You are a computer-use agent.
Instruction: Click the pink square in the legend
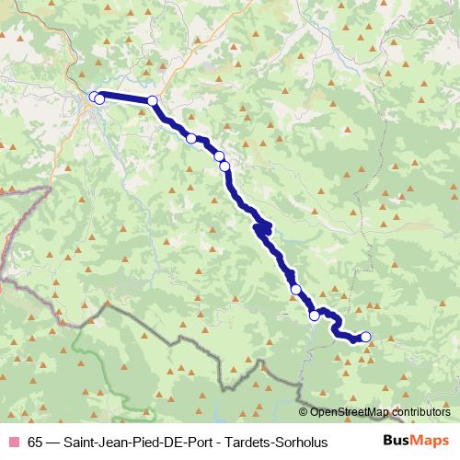click(13, 442)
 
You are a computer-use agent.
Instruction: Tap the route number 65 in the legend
click(35, 442)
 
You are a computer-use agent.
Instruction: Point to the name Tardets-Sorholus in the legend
click(278, 442)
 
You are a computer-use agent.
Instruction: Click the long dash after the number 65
click(52, 442)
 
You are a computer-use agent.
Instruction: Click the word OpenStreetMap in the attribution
click(349, 413)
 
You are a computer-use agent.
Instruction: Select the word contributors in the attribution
click(420, 413)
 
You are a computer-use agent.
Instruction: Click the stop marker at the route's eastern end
click(365, 337)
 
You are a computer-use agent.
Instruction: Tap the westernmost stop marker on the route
click(94, 97)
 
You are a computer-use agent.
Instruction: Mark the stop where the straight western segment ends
click(153, 101)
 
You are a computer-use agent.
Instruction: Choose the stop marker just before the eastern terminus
click(315, 316)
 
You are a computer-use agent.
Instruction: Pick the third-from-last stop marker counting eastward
click(296, 290)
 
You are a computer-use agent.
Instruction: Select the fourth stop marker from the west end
click(191, 138)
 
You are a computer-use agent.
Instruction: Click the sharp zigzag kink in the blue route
click(264, 226)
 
